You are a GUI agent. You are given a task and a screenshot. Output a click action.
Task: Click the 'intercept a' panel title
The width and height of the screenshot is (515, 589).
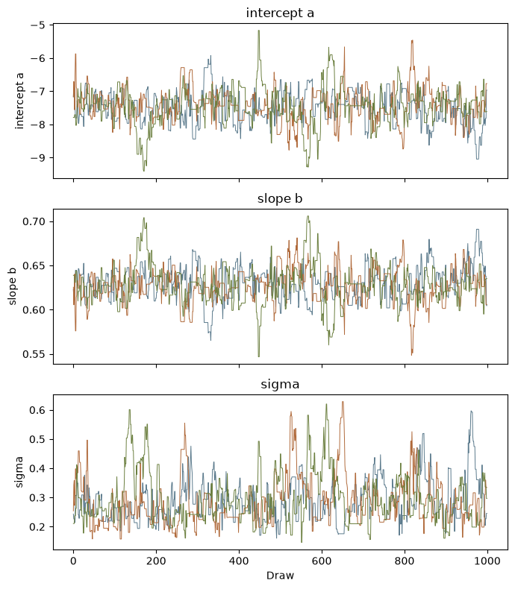pos(280,13)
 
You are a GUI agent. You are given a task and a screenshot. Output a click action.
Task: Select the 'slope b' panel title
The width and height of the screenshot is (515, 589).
pos(280,198)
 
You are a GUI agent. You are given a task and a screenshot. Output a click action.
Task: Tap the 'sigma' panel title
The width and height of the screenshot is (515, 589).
pos(280,384)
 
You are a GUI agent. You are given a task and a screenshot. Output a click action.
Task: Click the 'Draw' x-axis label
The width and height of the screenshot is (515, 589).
pos(280,575)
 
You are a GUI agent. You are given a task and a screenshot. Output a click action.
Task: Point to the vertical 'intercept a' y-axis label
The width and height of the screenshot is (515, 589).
pos(19,101)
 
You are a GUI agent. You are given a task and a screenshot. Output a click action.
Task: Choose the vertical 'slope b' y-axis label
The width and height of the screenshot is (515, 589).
pos(12,286)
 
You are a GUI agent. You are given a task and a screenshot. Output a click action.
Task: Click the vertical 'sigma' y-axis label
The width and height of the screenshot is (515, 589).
pos(19,472)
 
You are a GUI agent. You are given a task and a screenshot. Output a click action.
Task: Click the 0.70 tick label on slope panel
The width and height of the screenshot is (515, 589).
pos(34,221)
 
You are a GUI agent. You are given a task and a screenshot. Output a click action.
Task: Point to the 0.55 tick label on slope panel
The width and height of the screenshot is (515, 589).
pos(34,354)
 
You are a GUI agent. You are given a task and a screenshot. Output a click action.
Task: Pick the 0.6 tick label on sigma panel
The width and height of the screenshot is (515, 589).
pos(37,410)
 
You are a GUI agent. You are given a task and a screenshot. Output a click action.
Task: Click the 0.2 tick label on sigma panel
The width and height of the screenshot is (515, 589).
pos(37,526)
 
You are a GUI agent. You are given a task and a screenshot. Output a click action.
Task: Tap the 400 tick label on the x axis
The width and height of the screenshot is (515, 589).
pos(239,561)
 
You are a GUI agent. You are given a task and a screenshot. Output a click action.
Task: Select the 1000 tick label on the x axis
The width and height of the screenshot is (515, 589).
pos(487,561)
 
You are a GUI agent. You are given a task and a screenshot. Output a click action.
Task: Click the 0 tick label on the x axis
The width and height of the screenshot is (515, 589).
pos(73,561)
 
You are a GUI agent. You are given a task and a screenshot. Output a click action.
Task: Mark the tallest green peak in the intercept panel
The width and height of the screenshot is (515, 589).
pos(259,31)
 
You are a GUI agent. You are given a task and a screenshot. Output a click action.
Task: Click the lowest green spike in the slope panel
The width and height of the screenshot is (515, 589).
pos(259,356)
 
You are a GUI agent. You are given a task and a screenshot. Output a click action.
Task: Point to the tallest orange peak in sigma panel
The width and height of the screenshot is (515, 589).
pos(343,402)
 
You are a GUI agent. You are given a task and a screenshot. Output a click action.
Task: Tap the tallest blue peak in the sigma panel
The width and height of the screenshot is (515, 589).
pos(471,412)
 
